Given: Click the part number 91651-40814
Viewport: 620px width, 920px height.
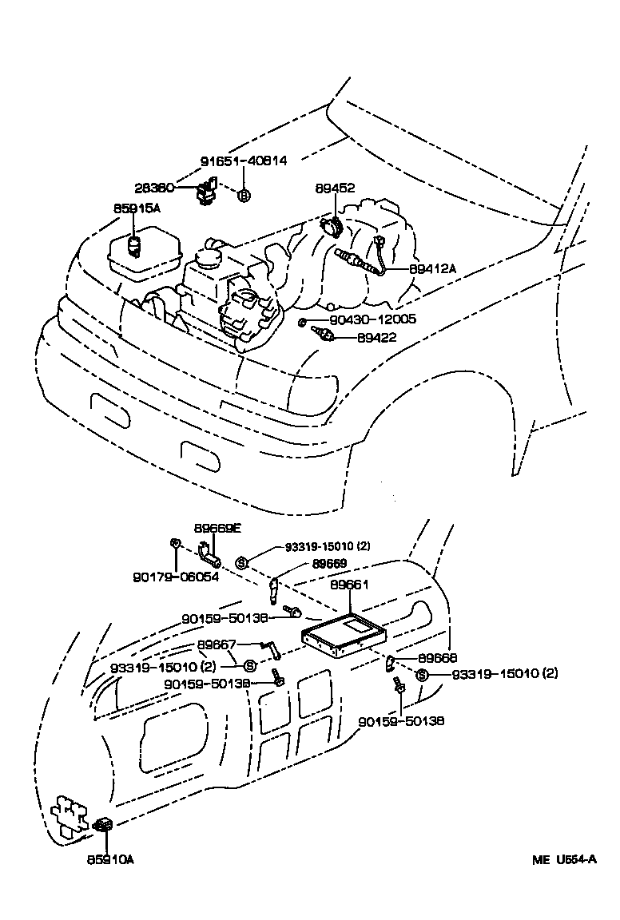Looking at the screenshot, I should [x=242, y=161].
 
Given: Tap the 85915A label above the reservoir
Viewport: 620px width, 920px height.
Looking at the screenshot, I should [x=137, y=208].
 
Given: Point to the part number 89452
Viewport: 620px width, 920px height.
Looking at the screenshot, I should [x=335, y=188].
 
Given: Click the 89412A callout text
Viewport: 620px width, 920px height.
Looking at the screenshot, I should [x=432, y=269].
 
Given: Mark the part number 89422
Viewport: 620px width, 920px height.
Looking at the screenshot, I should [x=376, y=338].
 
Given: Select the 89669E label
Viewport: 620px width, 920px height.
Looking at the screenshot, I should [x=217, y=528].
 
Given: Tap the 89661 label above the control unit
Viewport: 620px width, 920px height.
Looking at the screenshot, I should [x=349, y=585].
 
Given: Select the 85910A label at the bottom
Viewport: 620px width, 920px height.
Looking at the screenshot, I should [x=111, y=859].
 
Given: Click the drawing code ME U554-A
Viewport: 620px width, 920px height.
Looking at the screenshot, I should [x=565, y=860].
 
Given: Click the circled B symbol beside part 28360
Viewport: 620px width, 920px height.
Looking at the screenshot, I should [x=244, y=195].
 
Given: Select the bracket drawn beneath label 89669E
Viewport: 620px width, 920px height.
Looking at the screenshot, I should [x=209, y=552].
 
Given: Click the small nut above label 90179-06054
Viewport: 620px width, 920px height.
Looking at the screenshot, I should [x=174, y=544].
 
